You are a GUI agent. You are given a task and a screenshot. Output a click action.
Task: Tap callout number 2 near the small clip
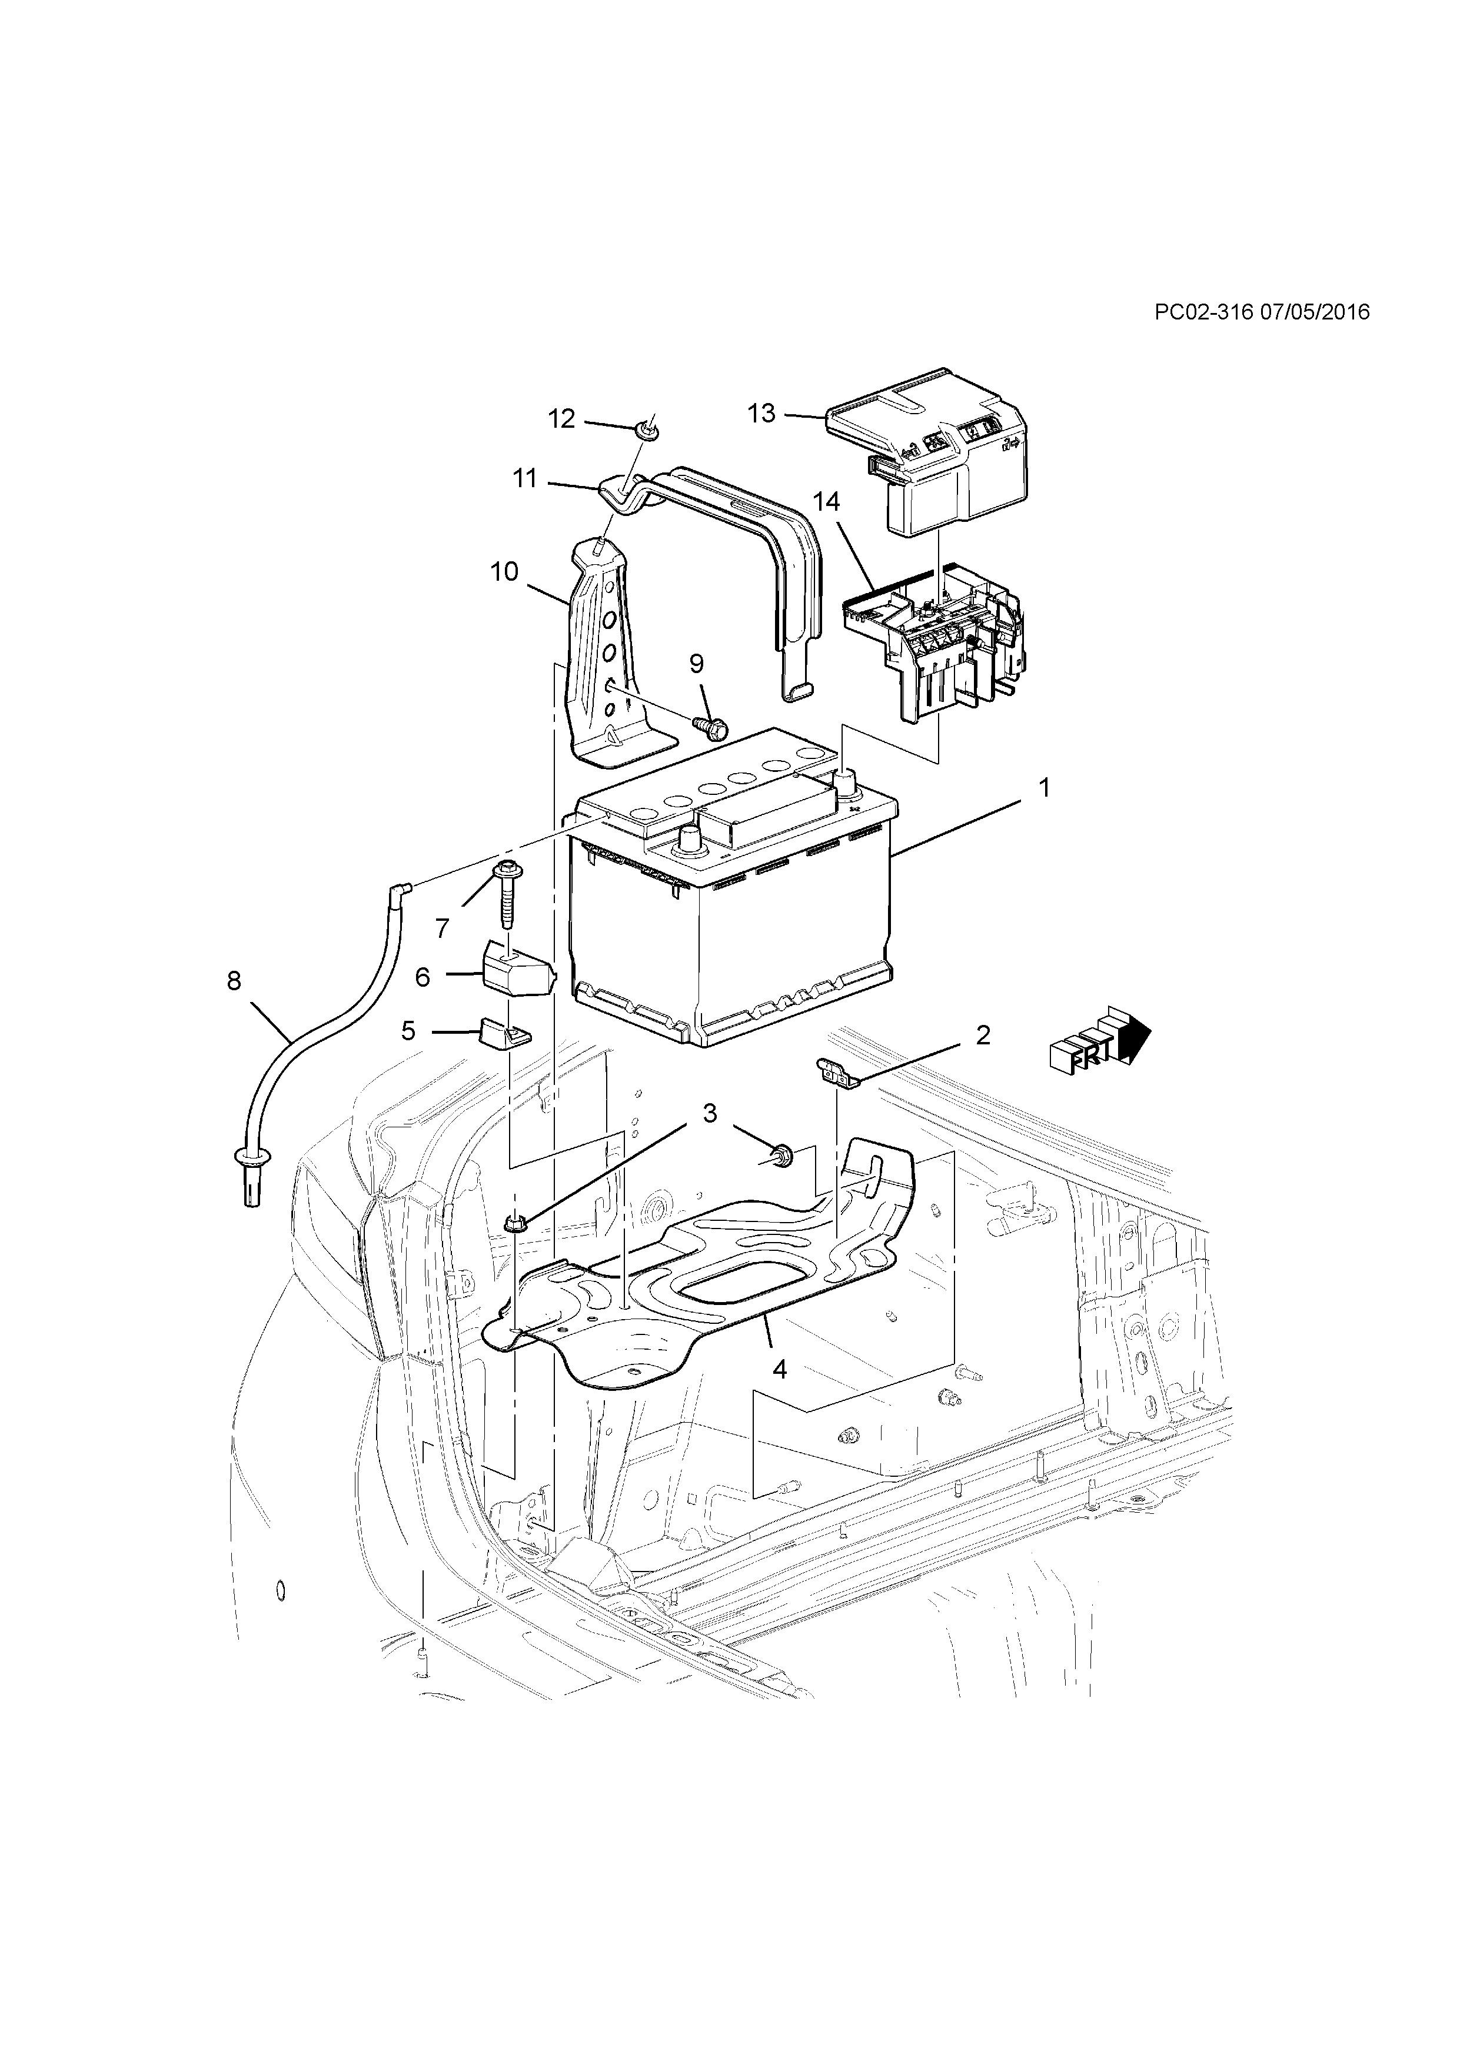point(983,1035)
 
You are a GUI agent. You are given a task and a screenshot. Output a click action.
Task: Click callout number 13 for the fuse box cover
point(760,414)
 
